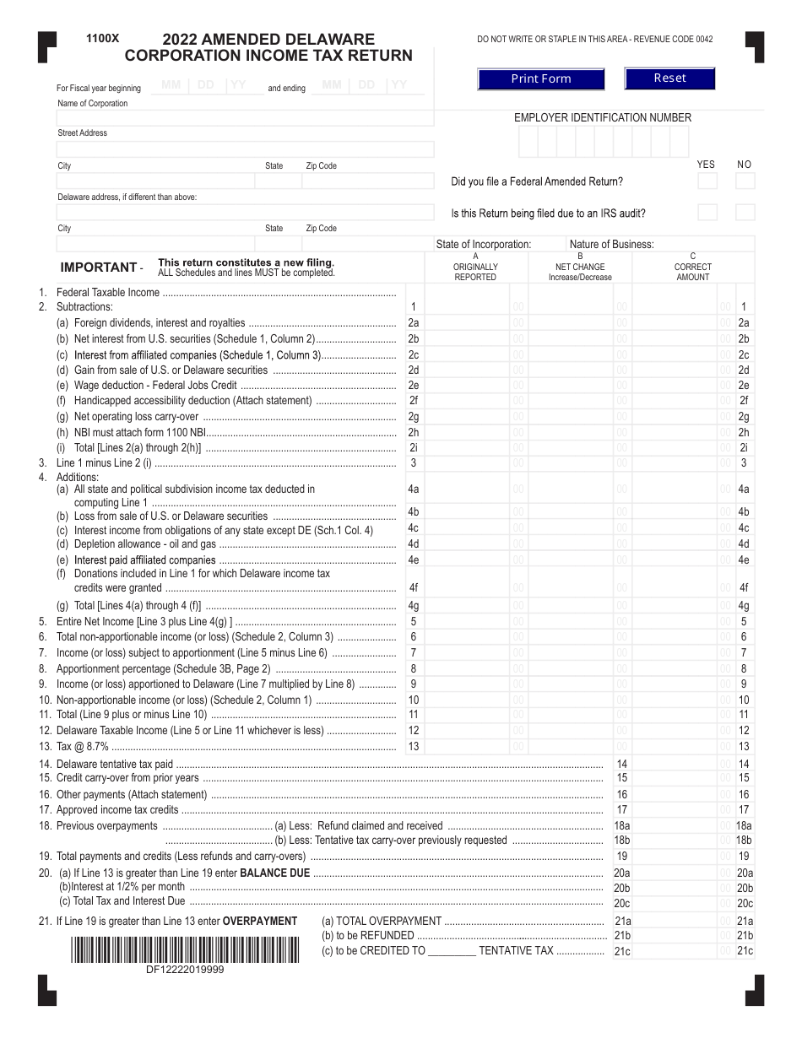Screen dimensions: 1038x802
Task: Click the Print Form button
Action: click(x=540, y=79)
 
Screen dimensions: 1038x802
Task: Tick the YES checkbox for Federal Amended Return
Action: click(x=707, y=181)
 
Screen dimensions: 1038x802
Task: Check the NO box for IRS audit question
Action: click(x=745, y=213)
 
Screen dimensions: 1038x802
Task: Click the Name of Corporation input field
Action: click(x=245, y=117)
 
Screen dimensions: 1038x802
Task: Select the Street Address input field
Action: click(x=245, y=149)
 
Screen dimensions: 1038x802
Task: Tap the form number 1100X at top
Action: click(x=103, y=39)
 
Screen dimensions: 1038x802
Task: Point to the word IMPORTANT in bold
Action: click(x=98, y=268)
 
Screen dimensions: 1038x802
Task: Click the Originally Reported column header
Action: click(x=475, y=267)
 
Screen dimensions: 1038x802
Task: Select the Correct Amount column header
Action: click(x=692, y=267)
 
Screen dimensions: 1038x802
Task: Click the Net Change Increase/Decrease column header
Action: click(x=580, y=267)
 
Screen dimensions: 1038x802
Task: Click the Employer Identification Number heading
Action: click(x=603, y=118)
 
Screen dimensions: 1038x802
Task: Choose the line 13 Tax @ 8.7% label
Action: click(x=83, y=747)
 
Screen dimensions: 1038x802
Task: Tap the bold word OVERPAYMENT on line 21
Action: click(x=260, y=922)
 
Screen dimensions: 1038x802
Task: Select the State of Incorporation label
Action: click(x=484, y=245)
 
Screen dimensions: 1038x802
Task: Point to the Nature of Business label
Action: click(x=611, y=245)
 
